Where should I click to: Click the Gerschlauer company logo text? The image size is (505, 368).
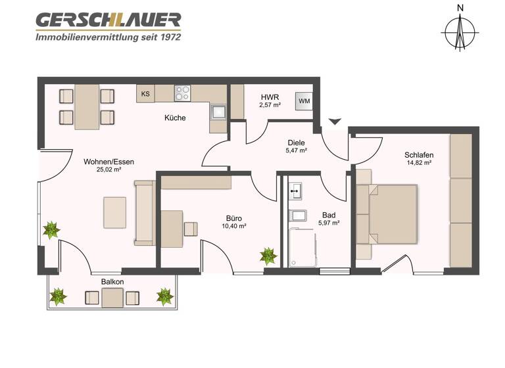click(x=108, y=20)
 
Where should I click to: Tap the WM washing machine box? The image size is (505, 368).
click(x=304, y=101)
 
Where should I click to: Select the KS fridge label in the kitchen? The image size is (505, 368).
click(x=145, y=94)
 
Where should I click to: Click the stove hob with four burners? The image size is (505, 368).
click(x=182, y=93)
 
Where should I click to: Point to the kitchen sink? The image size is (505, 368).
click(x=218, y=113)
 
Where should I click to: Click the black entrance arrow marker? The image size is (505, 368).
click(x=335, y=121)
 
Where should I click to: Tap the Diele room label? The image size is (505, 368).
click(x=296, y=143)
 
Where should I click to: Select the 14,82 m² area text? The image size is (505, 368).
click(x=419, y=163)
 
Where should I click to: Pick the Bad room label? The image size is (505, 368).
click(x=329, y=215)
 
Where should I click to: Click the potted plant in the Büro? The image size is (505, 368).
click(x=268, y=254)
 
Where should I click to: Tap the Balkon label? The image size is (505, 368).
click(x=112, y=282)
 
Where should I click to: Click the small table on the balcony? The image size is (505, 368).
click(x=112, y=298)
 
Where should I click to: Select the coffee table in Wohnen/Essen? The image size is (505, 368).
click(x=114, y=212)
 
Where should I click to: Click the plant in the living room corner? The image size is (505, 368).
click(x=51, y=229)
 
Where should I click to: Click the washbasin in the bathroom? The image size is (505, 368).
click(x=296, y=192)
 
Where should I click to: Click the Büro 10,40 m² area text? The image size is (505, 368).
click(x=234, y=226)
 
